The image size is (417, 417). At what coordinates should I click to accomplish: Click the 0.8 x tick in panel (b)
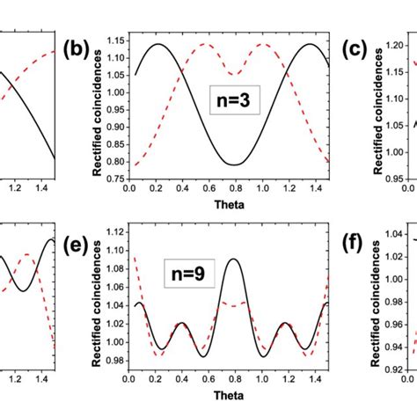pos(231,188)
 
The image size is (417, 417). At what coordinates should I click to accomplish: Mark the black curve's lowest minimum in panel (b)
pos(231,165)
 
